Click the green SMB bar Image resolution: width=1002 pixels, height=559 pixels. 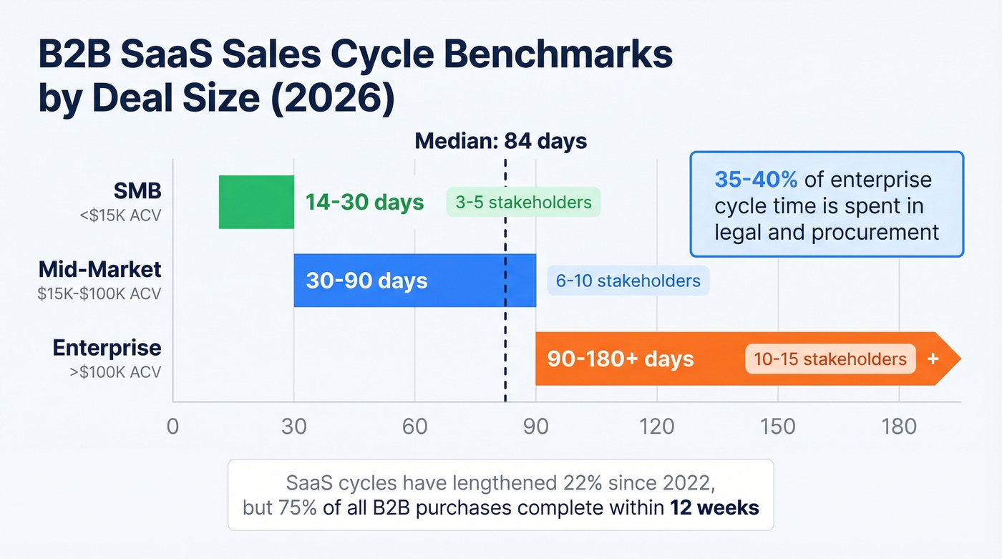pos(256,202)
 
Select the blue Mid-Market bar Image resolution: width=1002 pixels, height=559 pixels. pos(414,281)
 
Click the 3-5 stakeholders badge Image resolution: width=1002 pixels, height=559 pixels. pos(523,203)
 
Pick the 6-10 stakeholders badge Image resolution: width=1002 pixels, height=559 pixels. pos(628,281)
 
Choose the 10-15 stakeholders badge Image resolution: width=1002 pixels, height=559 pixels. pos(830,359)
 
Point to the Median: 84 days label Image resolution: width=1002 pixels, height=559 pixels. pos(501,141)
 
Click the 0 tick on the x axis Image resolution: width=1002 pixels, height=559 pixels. pos(172,427)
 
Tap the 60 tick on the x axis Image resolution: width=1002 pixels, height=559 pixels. pos(414,427)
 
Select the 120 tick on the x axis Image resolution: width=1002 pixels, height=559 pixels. pos(657,427)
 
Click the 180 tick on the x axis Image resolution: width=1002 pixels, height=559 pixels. pos(899,427)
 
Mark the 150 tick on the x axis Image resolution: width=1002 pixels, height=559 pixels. pos(778,427)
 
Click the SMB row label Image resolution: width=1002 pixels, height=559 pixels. pos(137,191)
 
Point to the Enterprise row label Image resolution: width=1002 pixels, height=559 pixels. pos(107,349)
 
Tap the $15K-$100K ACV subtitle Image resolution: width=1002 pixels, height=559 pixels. pos(99,293)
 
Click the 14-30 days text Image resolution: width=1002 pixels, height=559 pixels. pos(364,203)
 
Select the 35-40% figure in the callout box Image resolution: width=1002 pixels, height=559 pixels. pos(755,179)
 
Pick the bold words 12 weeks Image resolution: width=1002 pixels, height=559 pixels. pos(714,507)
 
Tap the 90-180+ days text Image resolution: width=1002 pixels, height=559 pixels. pos(620,359)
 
